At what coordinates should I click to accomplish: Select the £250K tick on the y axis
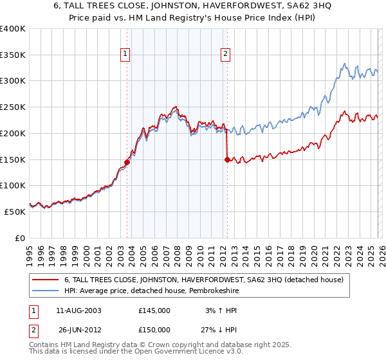[13, 107]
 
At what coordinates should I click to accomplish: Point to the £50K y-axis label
[15, 212]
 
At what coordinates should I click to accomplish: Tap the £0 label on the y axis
[21, 238]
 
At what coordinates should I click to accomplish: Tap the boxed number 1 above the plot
[125, 55]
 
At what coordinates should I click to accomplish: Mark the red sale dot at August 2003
[127, 162]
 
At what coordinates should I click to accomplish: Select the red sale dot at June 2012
[227, 159]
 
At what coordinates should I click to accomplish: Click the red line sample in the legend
[45, 280]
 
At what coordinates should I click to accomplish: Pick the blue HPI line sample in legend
[45, 291]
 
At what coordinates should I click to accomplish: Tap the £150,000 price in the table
[154, 330]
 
